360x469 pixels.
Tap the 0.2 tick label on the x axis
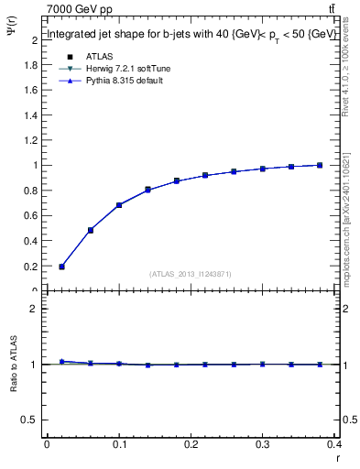point(191,446)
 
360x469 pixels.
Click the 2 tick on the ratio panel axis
point(35,309)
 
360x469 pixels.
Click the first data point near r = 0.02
point(61,267)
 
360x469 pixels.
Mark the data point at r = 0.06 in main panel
point(90,230)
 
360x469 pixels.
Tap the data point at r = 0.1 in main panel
point(119,205)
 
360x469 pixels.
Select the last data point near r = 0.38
point(320,165)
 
